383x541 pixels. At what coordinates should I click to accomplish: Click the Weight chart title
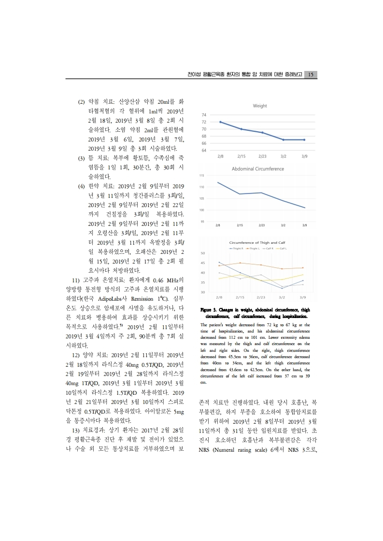260,105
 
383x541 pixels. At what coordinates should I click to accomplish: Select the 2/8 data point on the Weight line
220,122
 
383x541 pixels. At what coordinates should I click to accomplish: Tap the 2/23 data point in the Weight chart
262,132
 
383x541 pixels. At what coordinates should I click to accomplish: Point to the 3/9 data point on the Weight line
304,139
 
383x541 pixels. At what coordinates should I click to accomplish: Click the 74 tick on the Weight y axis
204,115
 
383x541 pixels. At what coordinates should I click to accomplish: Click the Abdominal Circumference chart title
257,169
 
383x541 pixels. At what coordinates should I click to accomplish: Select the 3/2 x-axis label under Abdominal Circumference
284,225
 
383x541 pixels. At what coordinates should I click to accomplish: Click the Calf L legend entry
283,248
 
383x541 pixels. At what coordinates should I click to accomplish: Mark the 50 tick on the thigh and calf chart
202,253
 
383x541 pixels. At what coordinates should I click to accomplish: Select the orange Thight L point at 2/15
241,263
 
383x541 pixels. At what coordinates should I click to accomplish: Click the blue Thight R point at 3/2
282,288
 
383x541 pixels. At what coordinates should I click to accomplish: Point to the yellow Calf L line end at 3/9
303,275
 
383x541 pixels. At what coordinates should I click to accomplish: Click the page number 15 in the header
311,74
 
